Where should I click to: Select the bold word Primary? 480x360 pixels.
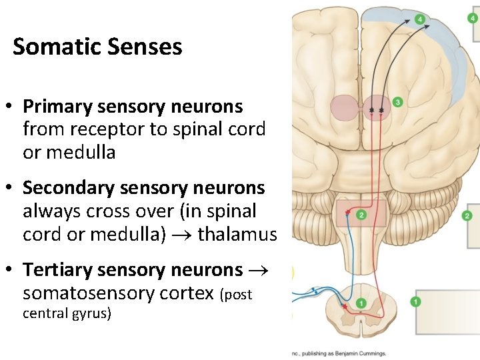[x=58, y=106]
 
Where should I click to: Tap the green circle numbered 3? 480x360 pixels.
[x=397, y=102]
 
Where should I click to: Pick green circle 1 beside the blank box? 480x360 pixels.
[x=416, y=302]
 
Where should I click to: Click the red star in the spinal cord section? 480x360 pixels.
[x=344, y=305]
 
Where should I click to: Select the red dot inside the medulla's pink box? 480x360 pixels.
[x=347, y=213]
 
